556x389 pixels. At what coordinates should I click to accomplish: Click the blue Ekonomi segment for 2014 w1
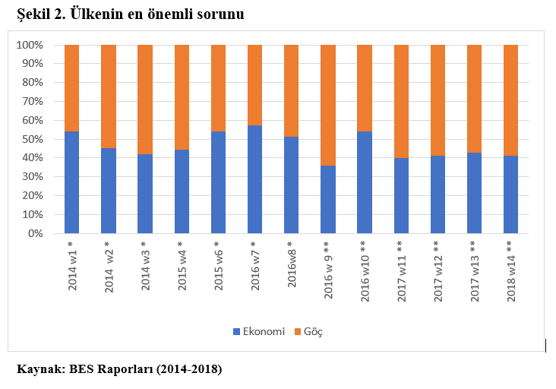tap(72, 182)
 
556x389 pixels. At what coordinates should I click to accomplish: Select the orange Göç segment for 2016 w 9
tap(328, 105)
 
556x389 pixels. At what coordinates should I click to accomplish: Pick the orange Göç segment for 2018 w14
tap(510, 100)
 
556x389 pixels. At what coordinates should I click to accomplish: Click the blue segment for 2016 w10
tap(365, 182)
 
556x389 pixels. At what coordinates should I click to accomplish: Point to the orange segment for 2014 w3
tap(145, 99)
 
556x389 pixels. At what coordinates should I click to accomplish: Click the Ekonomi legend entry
tap(258, 331)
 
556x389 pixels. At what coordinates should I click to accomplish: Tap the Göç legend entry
tap(312, 331)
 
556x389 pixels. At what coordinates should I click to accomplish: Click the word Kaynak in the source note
tap(39, 370)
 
